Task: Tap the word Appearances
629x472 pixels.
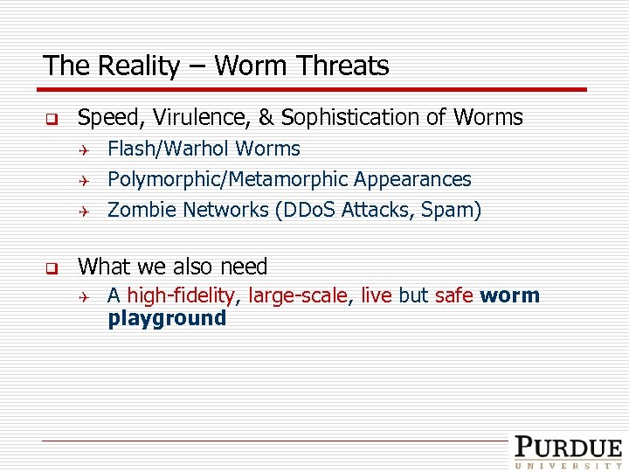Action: click(411, 180)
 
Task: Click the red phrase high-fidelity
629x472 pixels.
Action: click(182, 296)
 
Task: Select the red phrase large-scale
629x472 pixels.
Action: click(299, 296)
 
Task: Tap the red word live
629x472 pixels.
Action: click(376, 296)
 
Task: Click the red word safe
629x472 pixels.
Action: click(453, 296)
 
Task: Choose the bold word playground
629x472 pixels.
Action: click(167, 318)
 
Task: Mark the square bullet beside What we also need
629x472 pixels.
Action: click(52, 267)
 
